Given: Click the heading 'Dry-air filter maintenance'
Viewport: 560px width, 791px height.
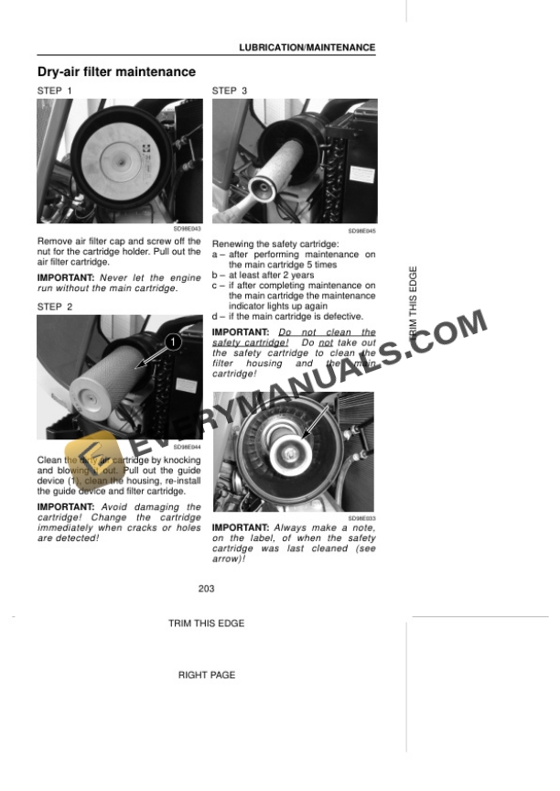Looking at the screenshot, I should point(115,71).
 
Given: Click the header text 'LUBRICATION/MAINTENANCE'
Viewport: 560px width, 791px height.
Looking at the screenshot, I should point(307,47).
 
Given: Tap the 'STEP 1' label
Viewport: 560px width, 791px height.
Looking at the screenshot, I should point(54,91).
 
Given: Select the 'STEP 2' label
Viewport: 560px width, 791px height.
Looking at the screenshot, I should point(54,307).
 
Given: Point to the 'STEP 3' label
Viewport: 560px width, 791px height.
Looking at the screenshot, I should point(230,91).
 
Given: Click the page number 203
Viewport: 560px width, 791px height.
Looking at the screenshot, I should point(206,589).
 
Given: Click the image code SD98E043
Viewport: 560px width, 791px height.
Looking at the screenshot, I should point(187,228).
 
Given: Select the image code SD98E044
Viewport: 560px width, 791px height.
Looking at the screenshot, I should point(187,447).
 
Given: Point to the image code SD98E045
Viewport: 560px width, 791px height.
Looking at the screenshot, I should point(361,233).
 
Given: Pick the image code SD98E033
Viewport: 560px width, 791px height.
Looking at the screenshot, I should point(361,517).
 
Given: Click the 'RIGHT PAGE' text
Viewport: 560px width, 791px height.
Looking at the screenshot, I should point(206,675).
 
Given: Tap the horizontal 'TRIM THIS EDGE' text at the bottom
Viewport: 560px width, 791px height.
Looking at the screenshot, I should point(206,623).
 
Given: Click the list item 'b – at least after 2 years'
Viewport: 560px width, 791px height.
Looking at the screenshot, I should point(263,275).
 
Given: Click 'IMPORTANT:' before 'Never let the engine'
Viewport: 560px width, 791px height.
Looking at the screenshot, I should point(66,277).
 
